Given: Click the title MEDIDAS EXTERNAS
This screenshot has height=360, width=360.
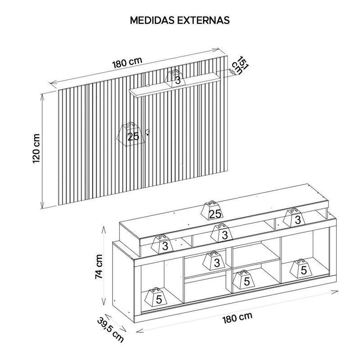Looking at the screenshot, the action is pyautogui.click(x=180, y=20).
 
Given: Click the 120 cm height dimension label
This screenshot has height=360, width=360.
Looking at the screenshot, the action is pyautogui.click(x=36, y=148).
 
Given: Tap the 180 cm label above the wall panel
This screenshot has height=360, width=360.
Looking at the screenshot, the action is pyautogui.click(x=127, y=63).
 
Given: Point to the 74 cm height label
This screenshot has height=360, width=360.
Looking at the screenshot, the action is pyautogui.click(x=99, y=266).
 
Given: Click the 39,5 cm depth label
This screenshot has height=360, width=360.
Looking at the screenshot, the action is pyautogui.click(x=111, y=329).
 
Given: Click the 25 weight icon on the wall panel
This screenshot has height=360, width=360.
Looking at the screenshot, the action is pyautogui.click(x=130, y=135).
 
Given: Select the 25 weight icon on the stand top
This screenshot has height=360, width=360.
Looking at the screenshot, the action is pyautogui.click(x=212, y=211).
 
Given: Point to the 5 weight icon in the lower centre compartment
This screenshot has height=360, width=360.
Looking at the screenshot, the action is pyautogui.click(x=244, y=279).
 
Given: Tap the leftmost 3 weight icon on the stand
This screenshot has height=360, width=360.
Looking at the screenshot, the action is pyautogui.click(x=162, y=244).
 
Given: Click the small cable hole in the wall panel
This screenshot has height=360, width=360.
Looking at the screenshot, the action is pyautogui.click(x=148, y=131).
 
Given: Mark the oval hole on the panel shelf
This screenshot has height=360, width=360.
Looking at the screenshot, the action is pyautogui.click(x=147, y=86).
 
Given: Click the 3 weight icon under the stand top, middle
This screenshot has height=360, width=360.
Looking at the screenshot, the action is pyautogui.click(x=222, y=233).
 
